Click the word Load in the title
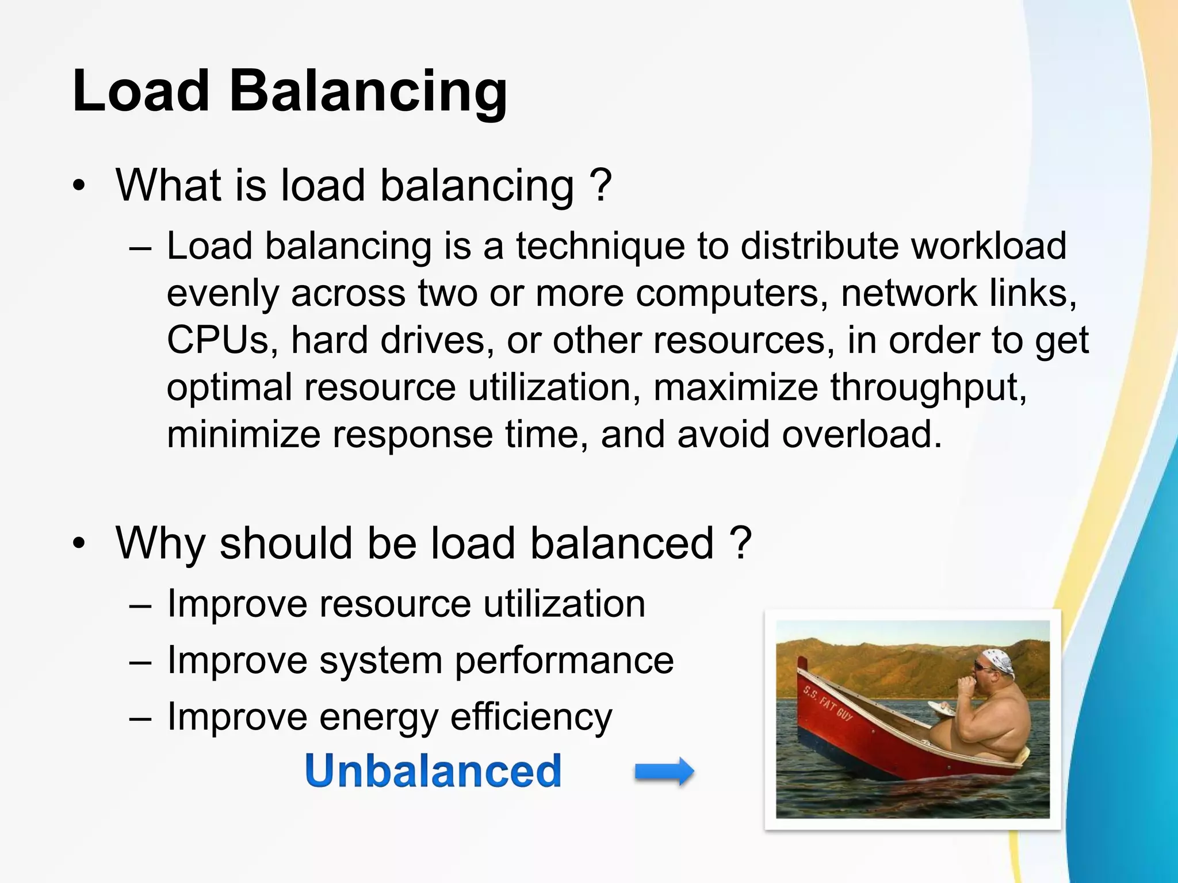click(141, 91)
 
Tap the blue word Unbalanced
click(433, 770)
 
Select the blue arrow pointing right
click(664, 771)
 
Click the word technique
click(600, 246)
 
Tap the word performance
click(564, 661)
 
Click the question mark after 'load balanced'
click(740, 543)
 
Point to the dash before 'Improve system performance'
click(140, 661)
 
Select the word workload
click(989, 246)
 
